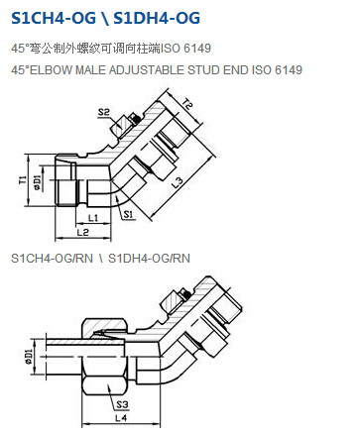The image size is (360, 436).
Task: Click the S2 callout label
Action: point(103,112)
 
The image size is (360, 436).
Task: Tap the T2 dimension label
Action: point(187,104)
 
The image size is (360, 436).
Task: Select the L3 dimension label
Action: point(178,182)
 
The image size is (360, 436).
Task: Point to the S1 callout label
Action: point(128,214)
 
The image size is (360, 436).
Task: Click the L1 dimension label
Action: point(93,218)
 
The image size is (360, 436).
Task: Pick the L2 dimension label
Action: point(82,233)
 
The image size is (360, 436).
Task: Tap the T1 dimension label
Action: point(23,179)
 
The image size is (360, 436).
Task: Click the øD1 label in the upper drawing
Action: point(37,182)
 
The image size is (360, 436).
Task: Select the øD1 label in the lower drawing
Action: point(29,357)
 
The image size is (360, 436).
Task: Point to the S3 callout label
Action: point(122,404)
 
